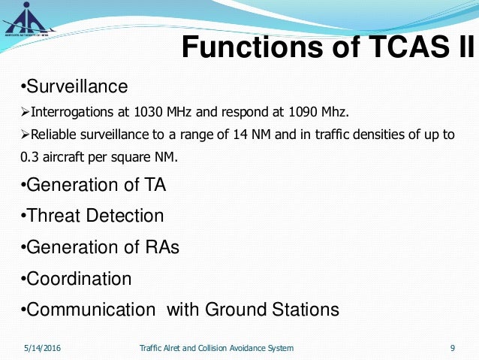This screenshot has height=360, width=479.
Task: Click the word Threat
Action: tap(53, 216)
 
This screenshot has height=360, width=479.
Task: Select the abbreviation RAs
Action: tap(161, 247)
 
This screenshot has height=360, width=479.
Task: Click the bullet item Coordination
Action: tap(78, 279)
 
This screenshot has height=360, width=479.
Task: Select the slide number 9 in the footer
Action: tap(452, 348)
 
